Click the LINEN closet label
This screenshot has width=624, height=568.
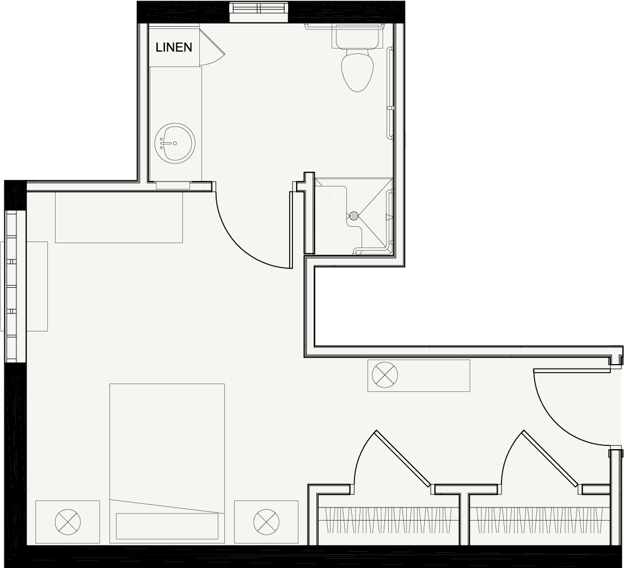pos(174,47)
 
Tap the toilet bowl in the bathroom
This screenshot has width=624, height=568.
pos(358,70)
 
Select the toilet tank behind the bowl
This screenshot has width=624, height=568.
pos(356,37)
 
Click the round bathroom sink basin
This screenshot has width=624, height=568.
pos(175,142)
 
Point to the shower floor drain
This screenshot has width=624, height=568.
pos(354,216)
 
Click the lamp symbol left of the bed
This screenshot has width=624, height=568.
pos(68,522)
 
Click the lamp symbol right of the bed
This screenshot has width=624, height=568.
pos(266,522)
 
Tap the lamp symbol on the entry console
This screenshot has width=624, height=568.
pos(385,375)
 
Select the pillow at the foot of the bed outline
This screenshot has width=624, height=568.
pos(167,526)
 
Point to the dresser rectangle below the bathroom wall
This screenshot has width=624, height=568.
pos(119,217)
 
